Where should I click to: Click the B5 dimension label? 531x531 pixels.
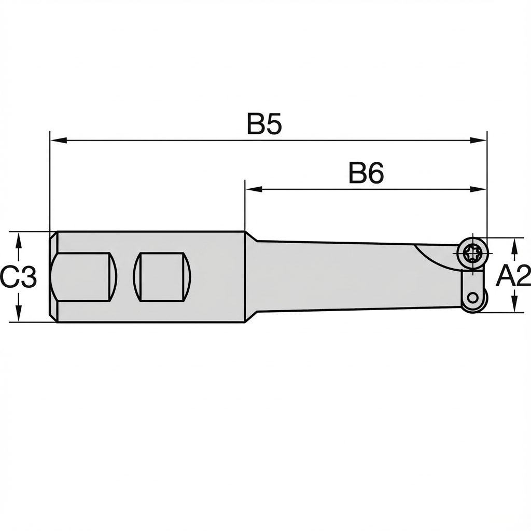[x=264, y=125]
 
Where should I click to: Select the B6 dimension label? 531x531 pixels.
[x=366, y=174]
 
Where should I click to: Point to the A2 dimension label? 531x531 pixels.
[x=513, y=276]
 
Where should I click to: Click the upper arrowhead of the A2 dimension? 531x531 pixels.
[x=514, y=246]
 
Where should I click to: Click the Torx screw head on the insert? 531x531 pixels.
[x=473, y=254]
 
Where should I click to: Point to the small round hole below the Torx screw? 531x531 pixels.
[x=472, y=297]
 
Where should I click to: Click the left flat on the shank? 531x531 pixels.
[x=83, y=276]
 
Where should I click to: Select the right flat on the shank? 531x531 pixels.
[x=162, y=276]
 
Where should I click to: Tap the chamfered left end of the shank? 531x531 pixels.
[x=53, y=276]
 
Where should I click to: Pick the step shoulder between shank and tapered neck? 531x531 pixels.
[x=250, y=276]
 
